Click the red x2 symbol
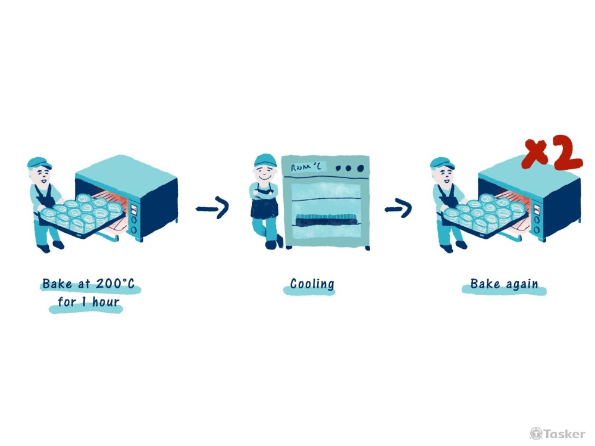552,155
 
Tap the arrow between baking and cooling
212,208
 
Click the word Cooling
312,284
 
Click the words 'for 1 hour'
89,302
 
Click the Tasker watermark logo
558,433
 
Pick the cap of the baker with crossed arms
265,160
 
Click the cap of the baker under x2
443,163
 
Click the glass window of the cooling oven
325,199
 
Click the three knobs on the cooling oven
348,168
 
